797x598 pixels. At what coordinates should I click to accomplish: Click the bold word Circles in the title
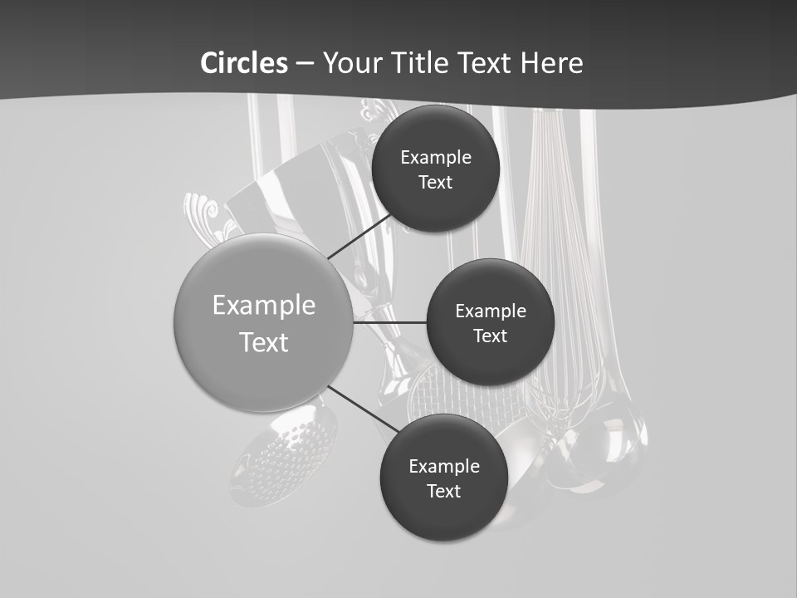(x=243, y=63)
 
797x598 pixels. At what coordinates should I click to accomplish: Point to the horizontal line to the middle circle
(x=390, y=322)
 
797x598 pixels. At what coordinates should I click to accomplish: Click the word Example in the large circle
(x=264, y=306)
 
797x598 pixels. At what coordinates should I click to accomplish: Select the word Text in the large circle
(x=264, y=342)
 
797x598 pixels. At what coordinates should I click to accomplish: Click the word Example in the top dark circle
(x=436, y=158)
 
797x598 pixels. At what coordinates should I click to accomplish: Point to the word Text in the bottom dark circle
(x=443, y=491)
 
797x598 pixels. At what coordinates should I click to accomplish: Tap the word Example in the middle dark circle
(x=491, y=311)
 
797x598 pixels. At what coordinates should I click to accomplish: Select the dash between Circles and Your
(x=304, y=63)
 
